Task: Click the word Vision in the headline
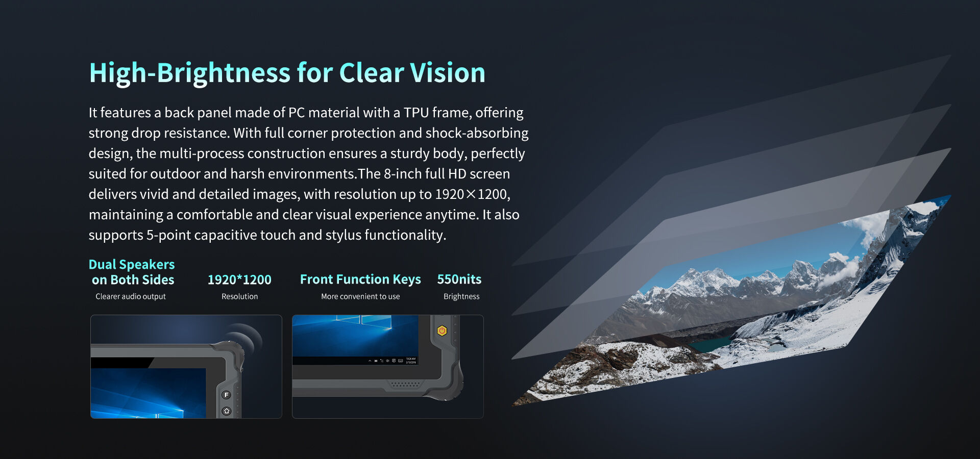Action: [x=448, y=72]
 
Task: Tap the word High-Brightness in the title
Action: [x=189, y=73]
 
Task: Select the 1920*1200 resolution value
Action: [x=239, y=279]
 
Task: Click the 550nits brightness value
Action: [x=459, y=279]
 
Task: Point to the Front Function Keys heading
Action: [x=360, y=279]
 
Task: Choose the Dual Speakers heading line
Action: [x=132, y=264]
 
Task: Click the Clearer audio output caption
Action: [x=131, y=296]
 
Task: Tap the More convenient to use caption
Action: [x=360, y=296]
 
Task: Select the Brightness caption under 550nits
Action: [x=461, y=296]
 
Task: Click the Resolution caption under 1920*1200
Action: [x=239, y=296]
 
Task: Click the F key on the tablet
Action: [x=227, y=395]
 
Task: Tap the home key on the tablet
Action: [x=227, y=411]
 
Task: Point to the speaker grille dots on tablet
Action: [x=405, y=384]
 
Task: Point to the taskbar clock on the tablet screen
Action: [x=411, y=360]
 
